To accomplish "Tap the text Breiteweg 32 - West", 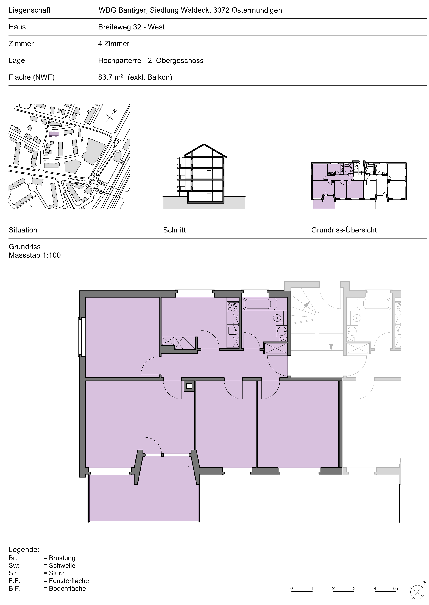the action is (x=131, y=27).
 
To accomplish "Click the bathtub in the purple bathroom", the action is (x=260, y=304).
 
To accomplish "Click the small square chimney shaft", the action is (x=189, y=386).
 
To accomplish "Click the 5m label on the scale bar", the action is (x=396, y=588).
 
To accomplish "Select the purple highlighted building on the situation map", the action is (x=54, y=134).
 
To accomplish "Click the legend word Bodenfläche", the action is (x=67, y=588).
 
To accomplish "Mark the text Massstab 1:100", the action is (x=35, y=255).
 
